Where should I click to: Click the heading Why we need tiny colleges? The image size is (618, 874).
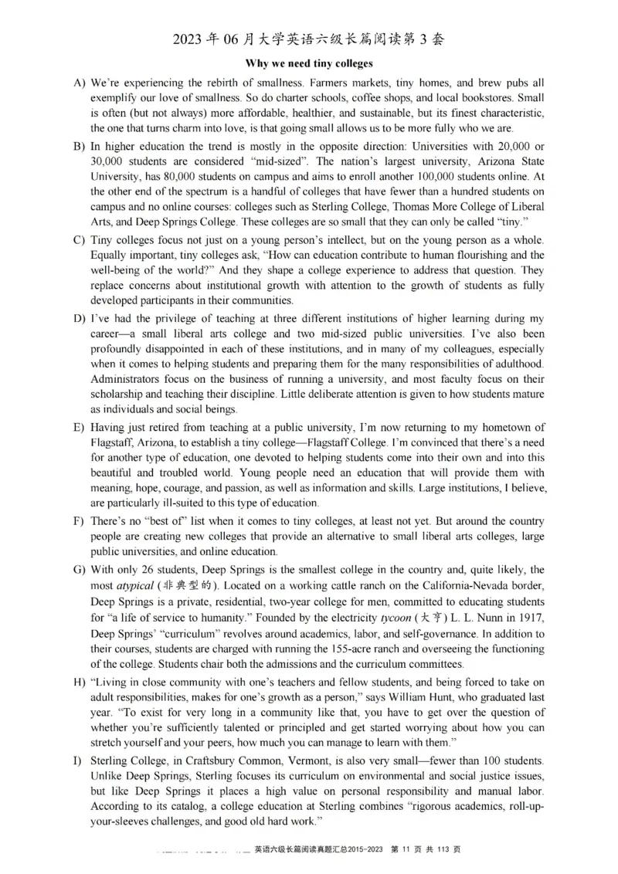[309, 63]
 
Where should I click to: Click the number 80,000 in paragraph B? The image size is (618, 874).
[177, 177]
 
